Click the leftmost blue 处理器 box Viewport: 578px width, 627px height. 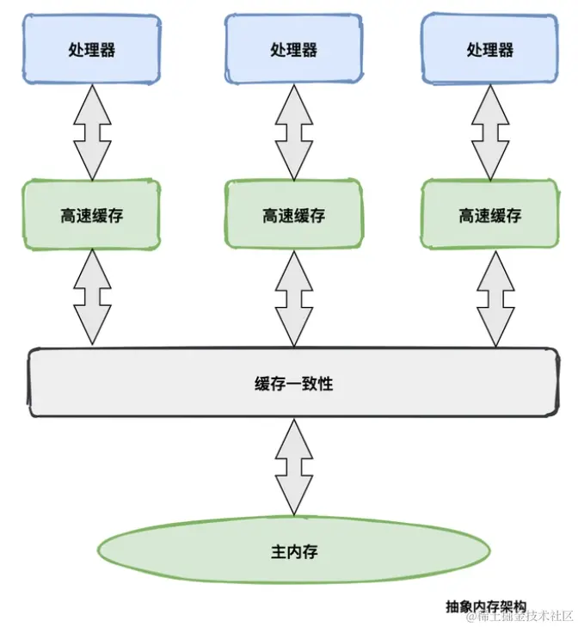91,49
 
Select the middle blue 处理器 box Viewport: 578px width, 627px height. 294,49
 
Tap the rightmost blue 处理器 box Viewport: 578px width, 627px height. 489,49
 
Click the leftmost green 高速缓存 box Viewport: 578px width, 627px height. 91,215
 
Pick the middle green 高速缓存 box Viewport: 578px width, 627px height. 294,215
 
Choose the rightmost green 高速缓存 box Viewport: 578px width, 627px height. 489,215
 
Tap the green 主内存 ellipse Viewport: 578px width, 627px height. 293,550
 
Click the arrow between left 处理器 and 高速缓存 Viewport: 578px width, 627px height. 92,132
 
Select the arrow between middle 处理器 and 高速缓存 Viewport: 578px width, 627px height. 294,132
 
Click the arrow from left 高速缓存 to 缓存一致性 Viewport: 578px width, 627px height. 92,298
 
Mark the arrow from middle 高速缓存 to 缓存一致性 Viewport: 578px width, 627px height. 294,298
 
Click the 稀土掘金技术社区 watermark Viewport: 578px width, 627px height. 520,615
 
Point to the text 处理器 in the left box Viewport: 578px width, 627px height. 91,49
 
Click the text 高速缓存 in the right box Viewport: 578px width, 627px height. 489,215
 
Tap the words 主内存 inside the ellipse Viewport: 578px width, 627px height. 293,550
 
